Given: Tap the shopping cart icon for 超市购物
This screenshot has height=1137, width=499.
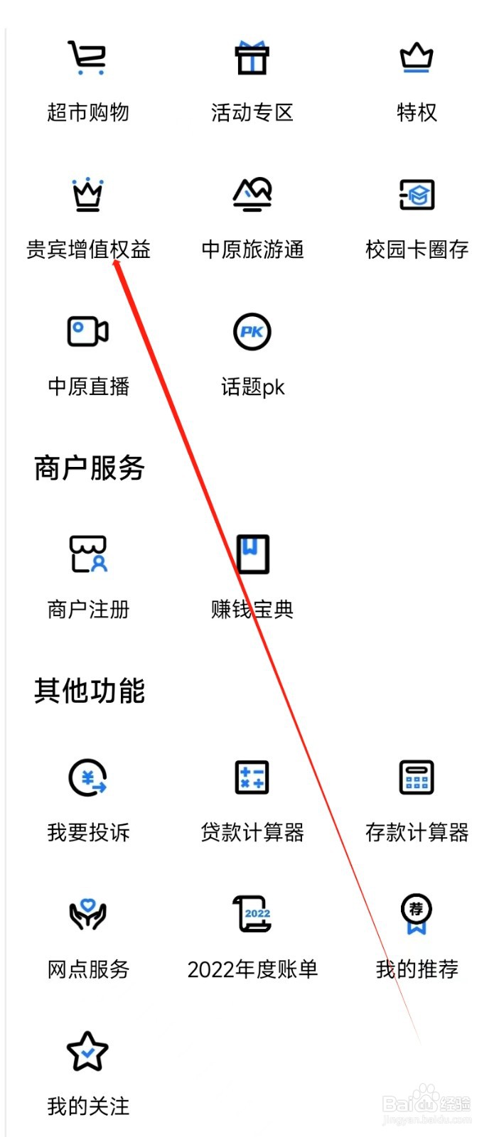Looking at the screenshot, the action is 87,58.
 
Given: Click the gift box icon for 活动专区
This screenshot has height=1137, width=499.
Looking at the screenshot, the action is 252,58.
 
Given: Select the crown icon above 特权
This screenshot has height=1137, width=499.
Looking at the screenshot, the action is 417,58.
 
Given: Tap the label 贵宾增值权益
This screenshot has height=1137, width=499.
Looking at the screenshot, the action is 88,249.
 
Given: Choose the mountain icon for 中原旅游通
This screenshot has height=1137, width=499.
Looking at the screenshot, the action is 252,194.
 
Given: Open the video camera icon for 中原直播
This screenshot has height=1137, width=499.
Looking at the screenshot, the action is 87,331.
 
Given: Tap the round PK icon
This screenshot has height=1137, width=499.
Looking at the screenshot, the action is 252,331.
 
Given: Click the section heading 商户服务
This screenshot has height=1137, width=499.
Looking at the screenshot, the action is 90,468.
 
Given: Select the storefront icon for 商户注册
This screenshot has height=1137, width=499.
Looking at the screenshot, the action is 88,554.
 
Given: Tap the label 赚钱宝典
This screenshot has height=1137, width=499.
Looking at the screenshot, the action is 252,609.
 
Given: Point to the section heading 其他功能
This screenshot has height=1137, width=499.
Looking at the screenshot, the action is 90,691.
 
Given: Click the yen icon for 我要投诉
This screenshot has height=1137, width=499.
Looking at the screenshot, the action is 88,777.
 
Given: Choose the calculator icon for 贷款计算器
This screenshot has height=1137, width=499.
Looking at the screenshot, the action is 252,777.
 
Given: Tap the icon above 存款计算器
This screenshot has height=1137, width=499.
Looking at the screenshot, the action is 417,777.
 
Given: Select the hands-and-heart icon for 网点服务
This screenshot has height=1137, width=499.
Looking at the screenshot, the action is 87,915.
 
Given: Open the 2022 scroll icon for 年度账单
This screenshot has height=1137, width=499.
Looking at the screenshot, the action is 252,914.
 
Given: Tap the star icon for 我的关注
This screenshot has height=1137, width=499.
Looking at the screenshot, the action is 87,1052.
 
